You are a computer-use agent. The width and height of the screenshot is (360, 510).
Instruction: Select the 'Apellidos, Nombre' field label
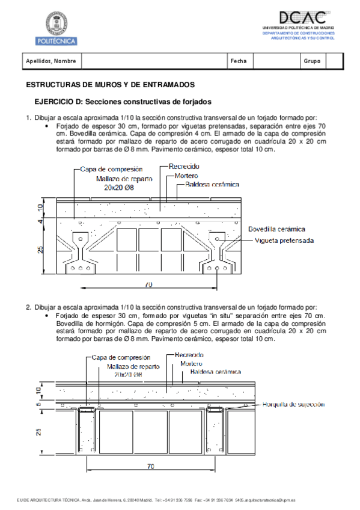pos(50,61)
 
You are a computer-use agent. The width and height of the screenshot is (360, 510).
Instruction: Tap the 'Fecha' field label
pos(238,61)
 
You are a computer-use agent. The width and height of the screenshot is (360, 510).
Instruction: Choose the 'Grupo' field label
pos(312,61)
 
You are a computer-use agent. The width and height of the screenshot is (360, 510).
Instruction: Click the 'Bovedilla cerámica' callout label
pos(276,229)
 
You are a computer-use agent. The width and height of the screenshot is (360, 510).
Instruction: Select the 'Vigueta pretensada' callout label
pos(284,240)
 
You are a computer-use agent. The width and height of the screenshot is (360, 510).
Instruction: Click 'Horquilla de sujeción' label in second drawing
pos(293,405)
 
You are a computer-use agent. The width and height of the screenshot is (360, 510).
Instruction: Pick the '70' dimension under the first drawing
pos(148,284)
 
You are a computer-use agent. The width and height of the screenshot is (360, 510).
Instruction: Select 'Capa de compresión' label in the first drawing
pos(111,170)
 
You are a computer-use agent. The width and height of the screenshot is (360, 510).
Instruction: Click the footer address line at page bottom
pos(156,500)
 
